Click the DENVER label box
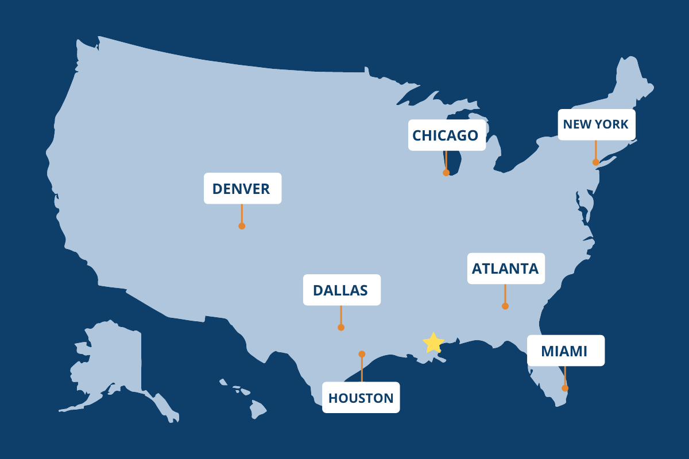point(242,188)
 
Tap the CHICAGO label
point(447,135)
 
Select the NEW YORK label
point(597,125)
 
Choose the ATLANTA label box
point(505,269)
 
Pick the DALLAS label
point(341,290)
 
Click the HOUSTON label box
point(361,398)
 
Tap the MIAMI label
point(566,351)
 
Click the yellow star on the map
point(433,343)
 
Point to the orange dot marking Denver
point(242,226)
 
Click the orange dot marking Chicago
point(446,172)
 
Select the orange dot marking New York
point(596,162)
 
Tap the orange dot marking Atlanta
point(505,306)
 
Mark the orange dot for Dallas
point(341,328)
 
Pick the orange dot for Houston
point(362,354)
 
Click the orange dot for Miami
point(565,388)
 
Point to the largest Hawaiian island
point(258,409)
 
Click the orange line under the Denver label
point(242,213)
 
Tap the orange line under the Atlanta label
point(505,294)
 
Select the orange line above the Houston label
point(362,368)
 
